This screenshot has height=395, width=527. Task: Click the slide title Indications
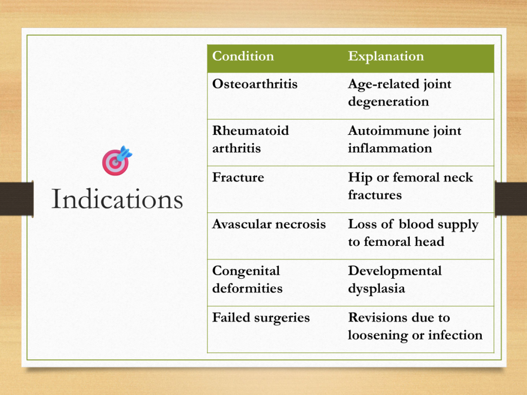pos(117,199)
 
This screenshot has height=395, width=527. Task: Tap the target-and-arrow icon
pos(117,161)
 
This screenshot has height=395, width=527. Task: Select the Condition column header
pos(243,56)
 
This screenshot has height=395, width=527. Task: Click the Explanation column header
pos(386,56)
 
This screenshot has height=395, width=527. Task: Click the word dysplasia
pos(376,289)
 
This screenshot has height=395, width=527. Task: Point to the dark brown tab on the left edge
pos(17,199)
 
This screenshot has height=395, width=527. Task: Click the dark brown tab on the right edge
pos(511,199)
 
